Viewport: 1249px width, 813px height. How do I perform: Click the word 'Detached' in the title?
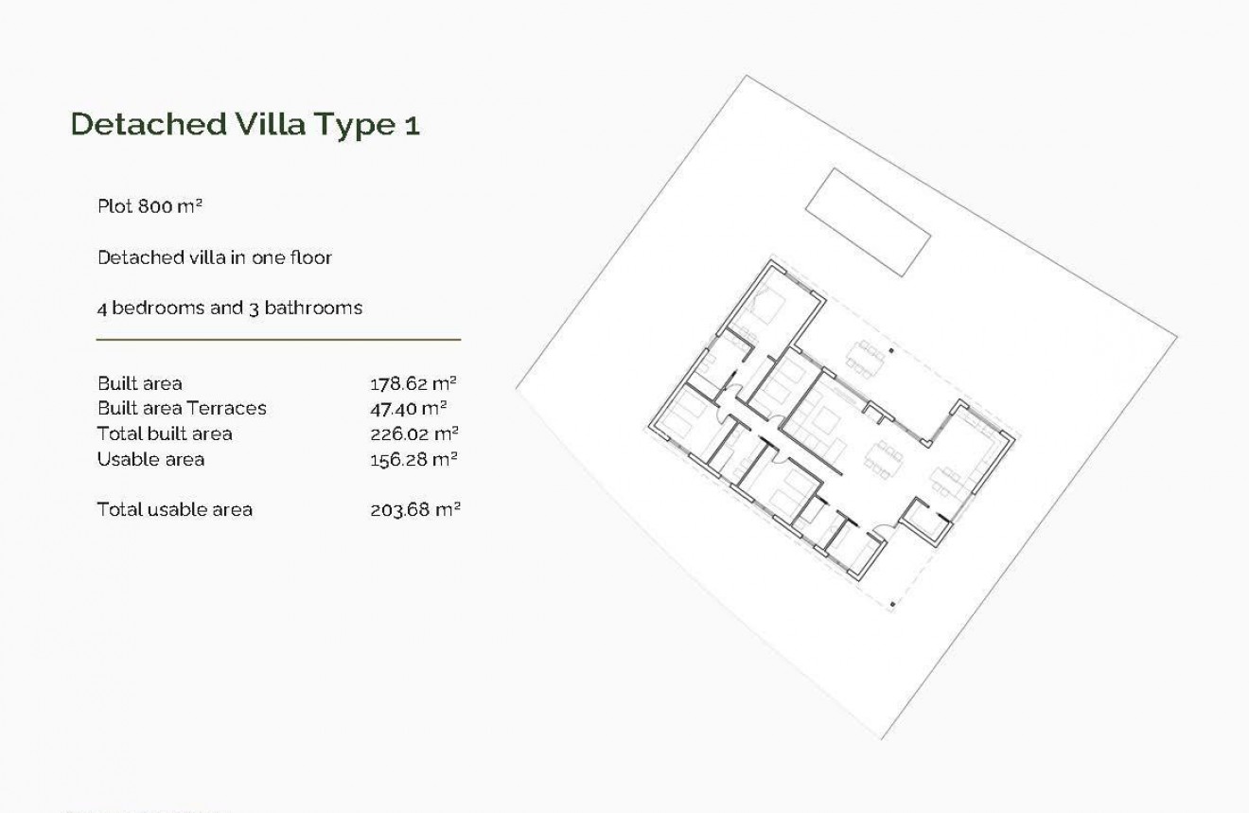tap(147, 125)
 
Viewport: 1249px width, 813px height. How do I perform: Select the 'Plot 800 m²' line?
tap(150, 206)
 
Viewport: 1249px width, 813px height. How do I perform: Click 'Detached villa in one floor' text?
tap(215, 257)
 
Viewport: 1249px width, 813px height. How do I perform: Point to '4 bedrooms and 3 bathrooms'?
tap(230, 308)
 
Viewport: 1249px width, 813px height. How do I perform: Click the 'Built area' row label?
tap(140, 383)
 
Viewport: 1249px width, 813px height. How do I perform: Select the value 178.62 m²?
tap(413, 383)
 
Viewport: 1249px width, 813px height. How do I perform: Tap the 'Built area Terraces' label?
tap(182, 409)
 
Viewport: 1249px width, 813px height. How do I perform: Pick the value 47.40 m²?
tap(408, 409)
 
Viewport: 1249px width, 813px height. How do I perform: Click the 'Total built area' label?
tap(165, 433)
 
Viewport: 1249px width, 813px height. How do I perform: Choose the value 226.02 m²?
tap(413, 433)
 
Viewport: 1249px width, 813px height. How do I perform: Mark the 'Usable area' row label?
tap(150, 459)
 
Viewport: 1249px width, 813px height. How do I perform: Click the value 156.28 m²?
tap(413, 459)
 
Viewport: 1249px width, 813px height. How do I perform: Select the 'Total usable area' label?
tap(175, 509)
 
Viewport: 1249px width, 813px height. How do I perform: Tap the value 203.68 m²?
tap(414, 509)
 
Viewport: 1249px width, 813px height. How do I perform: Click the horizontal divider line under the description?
tap(278, 339)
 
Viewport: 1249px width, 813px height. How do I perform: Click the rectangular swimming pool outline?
tap(866, 222)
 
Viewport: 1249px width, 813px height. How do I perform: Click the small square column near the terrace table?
tap(892, 353)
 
